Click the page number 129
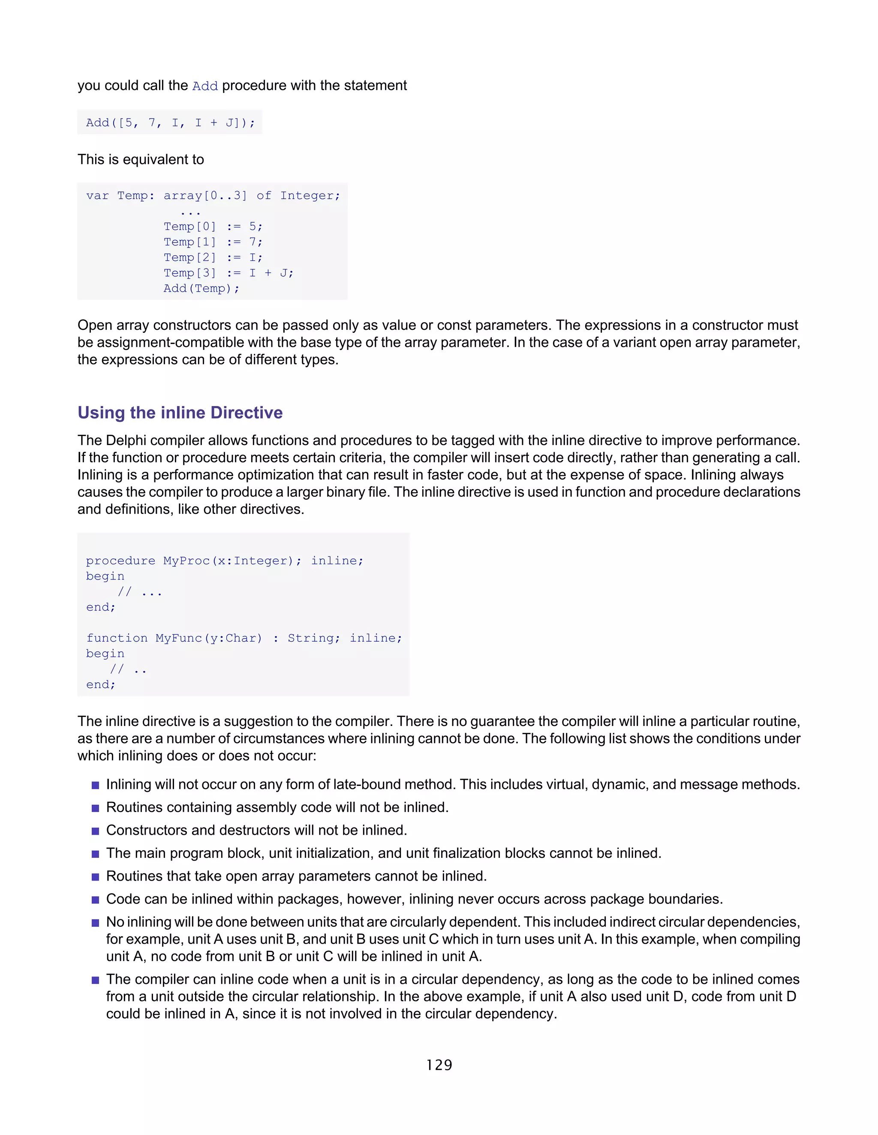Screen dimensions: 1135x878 click(439, 1065)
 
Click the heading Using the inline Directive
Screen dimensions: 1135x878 click(180, 412)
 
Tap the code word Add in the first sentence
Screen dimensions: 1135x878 click(205, 86)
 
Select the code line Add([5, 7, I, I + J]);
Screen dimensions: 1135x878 click(171, 122)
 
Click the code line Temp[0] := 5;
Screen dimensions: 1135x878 click(213, 227)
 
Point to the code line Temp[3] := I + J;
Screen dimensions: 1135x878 click(229, 273)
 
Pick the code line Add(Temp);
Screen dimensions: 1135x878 click(201, 288)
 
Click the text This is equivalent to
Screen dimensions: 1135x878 click(141, 160)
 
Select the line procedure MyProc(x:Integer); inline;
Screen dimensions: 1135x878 click(225, 561)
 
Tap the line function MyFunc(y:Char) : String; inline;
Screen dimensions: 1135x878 click(244, 638)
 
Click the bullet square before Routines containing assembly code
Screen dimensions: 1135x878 click(95, 808)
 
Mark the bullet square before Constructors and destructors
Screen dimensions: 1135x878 click(95, 831)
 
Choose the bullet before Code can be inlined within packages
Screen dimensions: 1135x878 click(95, 899)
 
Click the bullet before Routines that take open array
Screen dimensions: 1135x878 click(95, 877)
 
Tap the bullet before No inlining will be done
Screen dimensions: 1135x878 click(95, 923)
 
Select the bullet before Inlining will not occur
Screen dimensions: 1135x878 click(95, 785)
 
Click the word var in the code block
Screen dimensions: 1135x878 click(97, 196)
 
